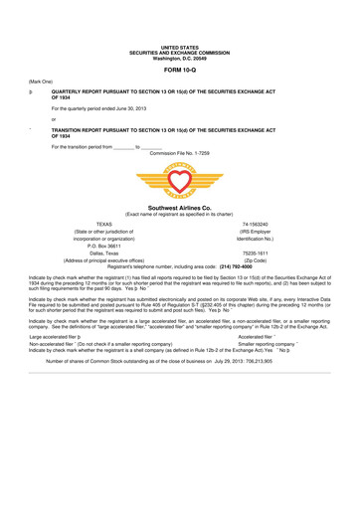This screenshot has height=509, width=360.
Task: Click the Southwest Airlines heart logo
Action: point(179,181)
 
